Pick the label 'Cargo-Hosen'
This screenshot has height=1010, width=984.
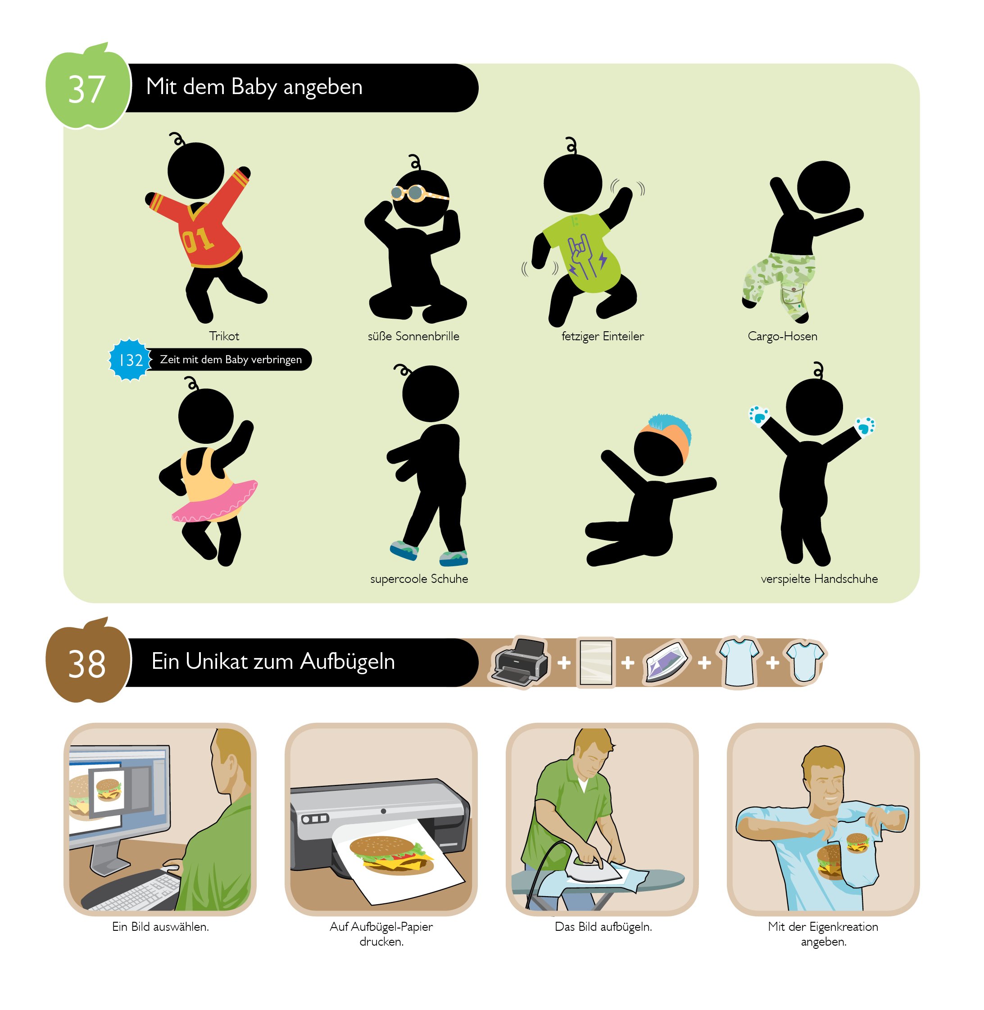[x=782, y=336]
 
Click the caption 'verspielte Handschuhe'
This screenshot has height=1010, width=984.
[x=819, y=579]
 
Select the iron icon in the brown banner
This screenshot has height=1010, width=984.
[x=666, y=663]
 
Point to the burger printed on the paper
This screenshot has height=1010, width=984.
[x=391, y=856]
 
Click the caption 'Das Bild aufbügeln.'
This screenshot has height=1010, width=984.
[x=603, y=927]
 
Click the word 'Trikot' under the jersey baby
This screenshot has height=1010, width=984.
[x=224, y=336]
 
